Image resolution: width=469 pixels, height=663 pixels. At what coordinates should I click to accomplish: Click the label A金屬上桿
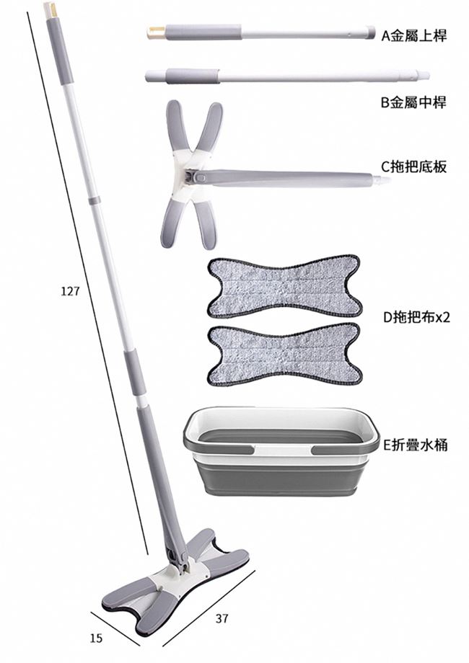coord(414,35)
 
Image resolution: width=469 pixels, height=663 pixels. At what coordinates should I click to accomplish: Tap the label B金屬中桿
coord(413,102)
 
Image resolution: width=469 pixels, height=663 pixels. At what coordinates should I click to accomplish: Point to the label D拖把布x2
coord(416,316)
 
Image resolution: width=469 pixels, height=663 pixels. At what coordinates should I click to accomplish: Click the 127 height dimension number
coord(69,291)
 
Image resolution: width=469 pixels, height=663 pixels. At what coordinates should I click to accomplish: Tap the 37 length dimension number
coord(222,618)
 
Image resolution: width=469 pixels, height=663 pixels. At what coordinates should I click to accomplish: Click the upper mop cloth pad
coord(284,286)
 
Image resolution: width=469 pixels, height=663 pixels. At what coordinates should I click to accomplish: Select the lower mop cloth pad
coord(284,354)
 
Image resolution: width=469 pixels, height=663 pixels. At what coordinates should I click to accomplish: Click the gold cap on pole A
coord(156,32)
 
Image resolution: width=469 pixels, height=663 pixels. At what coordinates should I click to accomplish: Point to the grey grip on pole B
coord(192,76)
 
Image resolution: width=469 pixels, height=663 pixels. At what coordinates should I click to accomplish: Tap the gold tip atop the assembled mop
coord(49,9)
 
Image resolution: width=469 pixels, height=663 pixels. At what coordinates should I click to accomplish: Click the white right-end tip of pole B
coord(424,75)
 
